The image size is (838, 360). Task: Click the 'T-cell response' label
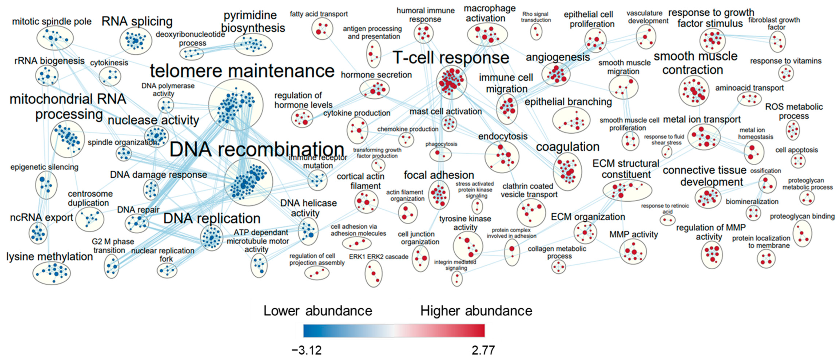451,58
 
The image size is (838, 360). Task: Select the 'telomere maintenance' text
242,71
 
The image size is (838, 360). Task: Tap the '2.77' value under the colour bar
483,350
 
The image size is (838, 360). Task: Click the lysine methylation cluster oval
51,273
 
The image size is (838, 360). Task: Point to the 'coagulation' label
568,147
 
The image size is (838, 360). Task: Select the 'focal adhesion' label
439,175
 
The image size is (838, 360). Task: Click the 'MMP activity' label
633,234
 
